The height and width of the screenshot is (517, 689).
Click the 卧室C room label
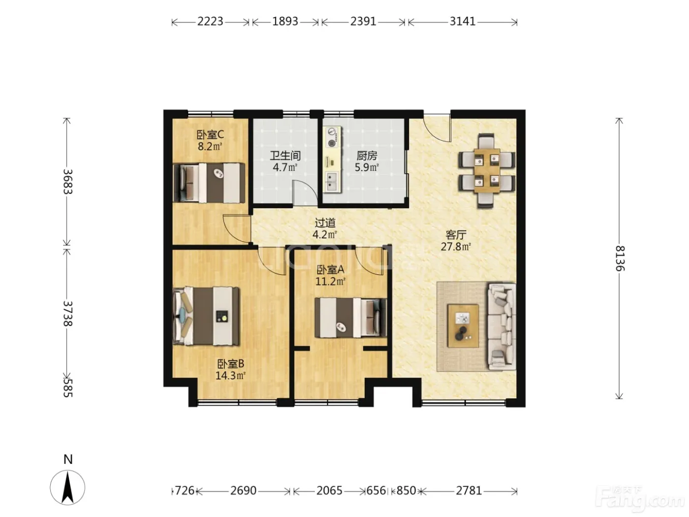coord(210,135)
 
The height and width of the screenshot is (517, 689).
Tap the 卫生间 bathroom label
coord(285,156)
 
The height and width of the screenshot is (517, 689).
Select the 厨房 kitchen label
coord(367,156)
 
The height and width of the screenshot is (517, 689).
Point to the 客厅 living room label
coord(456,235)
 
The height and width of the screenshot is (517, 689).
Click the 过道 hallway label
coord(325,223)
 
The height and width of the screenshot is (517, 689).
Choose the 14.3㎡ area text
coord(230,375)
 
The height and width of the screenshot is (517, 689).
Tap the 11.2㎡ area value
coord(330,281)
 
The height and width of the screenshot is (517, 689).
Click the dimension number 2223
coord(210,21)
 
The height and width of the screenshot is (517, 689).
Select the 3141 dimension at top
coord(462,21)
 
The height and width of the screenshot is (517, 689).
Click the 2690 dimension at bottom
coord(243,490)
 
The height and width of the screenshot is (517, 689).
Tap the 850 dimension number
coord(406,490)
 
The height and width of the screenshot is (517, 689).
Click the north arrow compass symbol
coord(67,487)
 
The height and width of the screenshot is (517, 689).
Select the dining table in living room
coord(487,170)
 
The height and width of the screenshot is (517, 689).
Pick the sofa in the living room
coord(501,326)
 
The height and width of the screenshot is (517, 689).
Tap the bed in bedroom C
coord(209,183)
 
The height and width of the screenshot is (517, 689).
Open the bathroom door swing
coord(304,193)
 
